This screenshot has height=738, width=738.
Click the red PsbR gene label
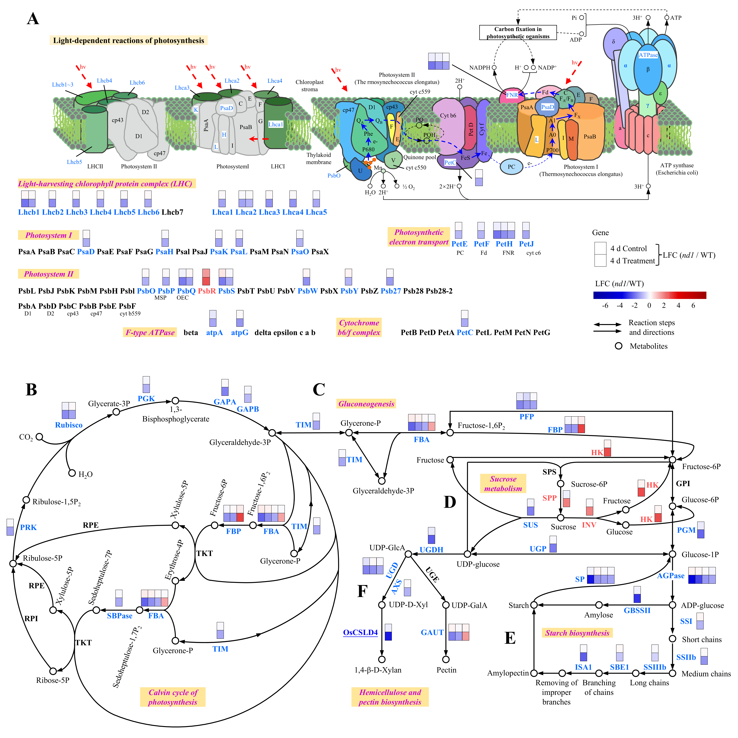point(207,291)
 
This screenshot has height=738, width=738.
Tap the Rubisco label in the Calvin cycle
point(69,425)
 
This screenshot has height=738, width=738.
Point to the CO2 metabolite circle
point(39,437)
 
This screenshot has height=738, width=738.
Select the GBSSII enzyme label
point(637,610)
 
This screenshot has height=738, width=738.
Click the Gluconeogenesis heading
point(366,404)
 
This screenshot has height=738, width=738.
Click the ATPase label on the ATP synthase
point(648,55)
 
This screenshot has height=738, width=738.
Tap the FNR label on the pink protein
point(512,95)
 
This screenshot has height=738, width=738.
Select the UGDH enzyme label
point(431,550)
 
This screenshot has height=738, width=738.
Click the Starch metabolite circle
point(534,605)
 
